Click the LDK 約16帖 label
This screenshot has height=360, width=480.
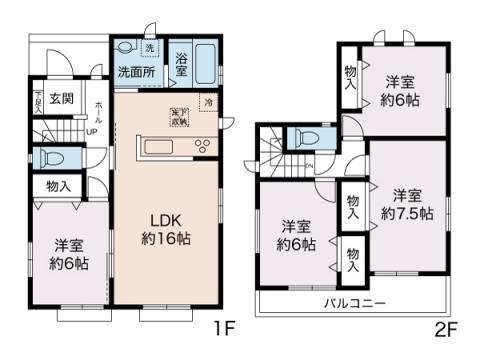click(165, 229)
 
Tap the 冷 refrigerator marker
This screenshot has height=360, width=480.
click(208, 102)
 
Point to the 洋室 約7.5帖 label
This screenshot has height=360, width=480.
click(406, 204)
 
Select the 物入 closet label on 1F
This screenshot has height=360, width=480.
click(58, 186)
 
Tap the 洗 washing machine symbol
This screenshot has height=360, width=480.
click(149, 49)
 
